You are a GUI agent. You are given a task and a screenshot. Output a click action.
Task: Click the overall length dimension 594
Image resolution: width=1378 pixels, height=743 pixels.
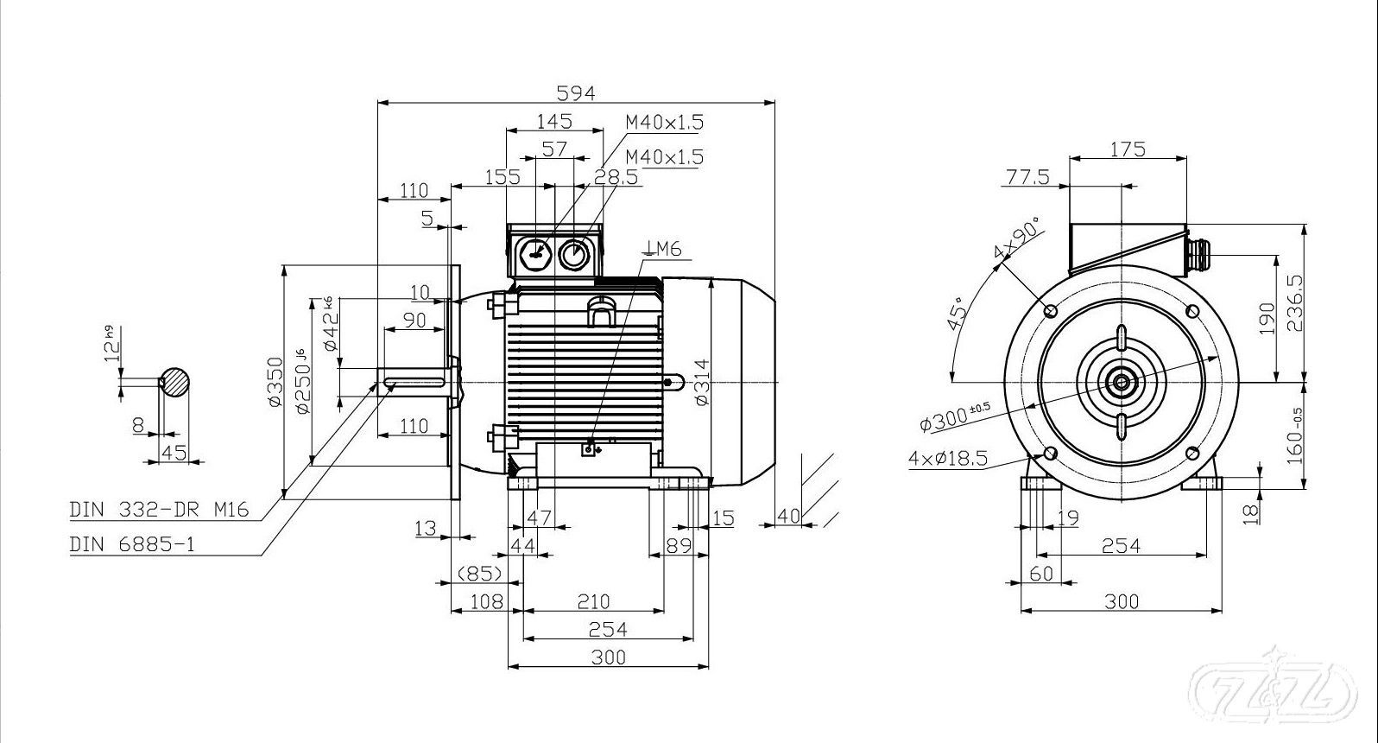[576, 93]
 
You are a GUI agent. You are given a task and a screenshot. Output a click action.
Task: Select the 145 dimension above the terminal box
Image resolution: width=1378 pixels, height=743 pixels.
[554, 121]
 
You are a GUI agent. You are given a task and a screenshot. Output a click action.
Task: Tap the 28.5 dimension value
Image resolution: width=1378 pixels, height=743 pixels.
[616, 177]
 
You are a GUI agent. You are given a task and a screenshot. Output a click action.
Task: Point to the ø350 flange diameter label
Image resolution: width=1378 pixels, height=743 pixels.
[275, 382]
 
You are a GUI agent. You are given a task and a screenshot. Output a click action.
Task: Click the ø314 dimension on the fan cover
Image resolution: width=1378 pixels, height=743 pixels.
[702, 383]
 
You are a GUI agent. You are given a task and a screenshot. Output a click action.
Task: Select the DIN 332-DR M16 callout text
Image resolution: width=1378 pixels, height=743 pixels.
[159, 510]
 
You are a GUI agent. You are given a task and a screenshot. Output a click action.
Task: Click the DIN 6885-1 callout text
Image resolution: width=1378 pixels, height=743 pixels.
[133, 544]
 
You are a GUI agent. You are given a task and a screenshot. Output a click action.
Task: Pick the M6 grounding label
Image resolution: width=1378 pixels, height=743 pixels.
[663, 249]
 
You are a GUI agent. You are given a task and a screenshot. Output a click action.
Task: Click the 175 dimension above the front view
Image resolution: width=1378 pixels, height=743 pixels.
[1128, 149]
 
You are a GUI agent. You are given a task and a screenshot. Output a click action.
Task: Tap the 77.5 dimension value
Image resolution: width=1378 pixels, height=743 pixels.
[1027, 177]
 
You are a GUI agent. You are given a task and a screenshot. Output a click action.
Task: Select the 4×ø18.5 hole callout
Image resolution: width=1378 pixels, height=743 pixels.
[947, 458]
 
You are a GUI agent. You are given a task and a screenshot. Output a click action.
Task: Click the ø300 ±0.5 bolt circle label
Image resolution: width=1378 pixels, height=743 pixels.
[955, 418]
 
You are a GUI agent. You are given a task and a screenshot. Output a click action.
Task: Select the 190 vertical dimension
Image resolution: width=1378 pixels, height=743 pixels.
[1267, 319]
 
